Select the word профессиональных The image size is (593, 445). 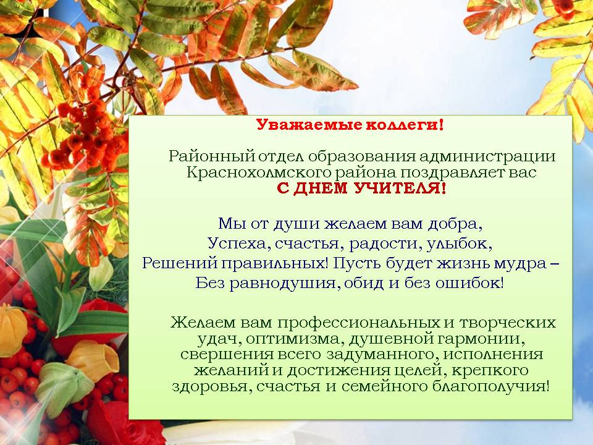tap(359, 323)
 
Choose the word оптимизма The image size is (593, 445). tap(293, 339)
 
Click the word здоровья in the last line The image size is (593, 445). tap(208, 387)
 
